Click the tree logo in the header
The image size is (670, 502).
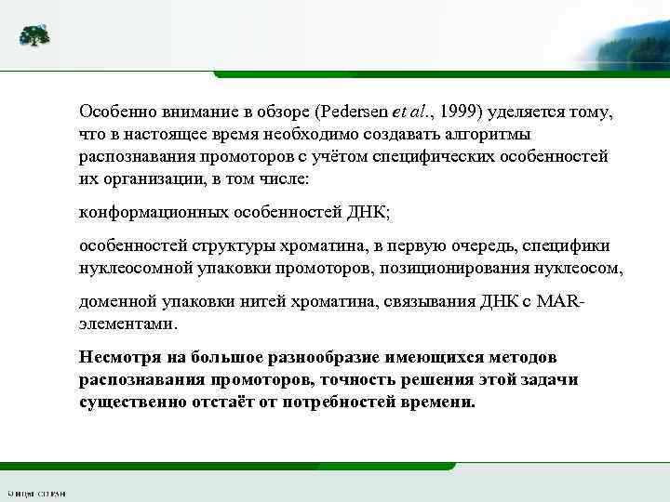(x=35, y=36)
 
